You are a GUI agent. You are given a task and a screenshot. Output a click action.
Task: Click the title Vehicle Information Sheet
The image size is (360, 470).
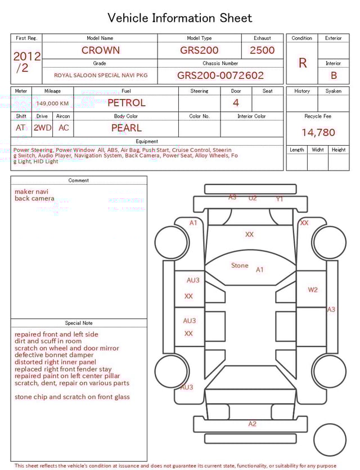[180, 18]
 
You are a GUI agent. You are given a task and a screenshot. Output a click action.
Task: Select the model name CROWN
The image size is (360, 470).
[100, 50]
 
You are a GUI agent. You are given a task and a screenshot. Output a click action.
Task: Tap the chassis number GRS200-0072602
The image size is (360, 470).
[220, 75]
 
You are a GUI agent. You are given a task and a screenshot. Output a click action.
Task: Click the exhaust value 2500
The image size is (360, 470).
[262, 50]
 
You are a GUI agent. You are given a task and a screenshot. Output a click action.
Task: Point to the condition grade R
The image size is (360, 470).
[303, 63]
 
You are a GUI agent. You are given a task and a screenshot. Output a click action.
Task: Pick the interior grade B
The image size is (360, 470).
[334, 75]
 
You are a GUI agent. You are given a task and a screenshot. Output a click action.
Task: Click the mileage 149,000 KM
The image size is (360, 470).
[52, 104]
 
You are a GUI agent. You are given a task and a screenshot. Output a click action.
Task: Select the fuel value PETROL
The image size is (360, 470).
[126, 103]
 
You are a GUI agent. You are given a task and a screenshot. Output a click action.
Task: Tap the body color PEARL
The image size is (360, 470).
[126, 128]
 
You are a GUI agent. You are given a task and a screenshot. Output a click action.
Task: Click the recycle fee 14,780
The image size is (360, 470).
[318, 133]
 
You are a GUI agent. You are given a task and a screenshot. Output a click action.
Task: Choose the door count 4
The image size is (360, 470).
[236, 102]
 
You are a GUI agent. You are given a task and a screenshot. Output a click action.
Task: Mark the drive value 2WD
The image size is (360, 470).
[42, 128]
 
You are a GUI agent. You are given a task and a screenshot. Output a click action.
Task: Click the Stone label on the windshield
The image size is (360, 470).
[240, 266]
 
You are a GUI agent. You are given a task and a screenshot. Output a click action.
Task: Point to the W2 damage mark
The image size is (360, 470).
[313, 290]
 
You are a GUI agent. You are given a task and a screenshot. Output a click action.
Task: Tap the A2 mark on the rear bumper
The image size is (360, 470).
[253, 424]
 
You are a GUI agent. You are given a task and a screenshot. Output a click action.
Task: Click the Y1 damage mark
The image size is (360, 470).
[280, 199]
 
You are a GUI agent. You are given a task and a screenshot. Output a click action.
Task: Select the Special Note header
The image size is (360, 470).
[79, 323]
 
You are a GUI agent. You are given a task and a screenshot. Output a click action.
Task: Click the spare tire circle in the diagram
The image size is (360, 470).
[330, 440]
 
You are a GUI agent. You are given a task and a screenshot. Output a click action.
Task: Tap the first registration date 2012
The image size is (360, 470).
[26, 56]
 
